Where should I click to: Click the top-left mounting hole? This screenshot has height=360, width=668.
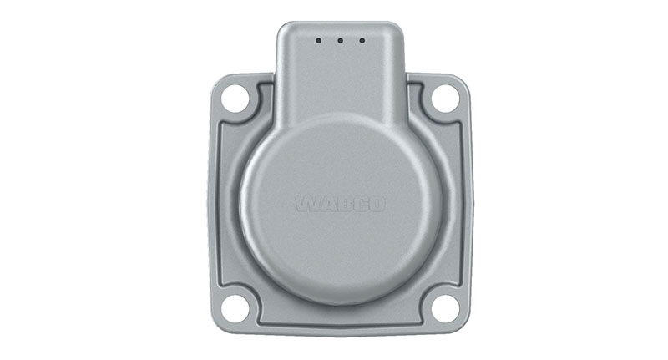click(235, 99)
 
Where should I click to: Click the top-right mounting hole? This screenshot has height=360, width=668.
click(445, 99)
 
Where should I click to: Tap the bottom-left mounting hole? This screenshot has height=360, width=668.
click(235, 307)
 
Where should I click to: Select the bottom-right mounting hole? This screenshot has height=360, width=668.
click(445, 307)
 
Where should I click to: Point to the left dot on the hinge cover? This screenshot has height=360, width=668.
click(319, 40)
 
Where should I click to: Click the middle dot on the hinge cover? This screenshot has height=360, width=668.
click(340, 40)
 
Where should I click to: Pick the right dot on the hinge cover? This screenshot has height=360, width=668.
click(362, 40)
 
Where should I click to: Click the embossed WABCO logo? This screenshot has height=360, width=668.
click(340, 204)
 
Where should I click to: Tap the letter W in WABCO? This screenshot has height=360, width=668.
click(305, 204)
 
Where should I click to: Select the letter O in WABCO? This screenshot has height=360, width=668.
click(377, 204)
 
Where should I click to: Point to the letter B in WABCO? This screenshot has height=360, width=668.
click(341, 204)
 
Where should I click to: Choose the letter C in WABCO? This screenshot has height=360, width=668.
click(358, 204)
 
